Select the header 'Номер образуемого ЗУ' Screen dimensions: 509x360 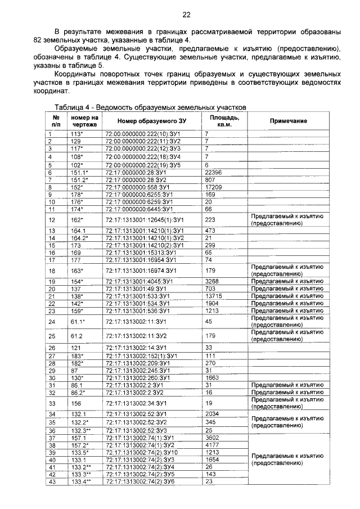[x=143, y=121]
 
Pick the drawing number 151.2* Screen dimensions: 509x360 [x=79, y=179]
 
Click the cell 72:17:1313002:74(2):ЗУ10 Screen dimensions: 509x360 [x=142, y=452]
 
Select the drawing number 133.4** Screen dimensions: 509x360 [x=81, y=481]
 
